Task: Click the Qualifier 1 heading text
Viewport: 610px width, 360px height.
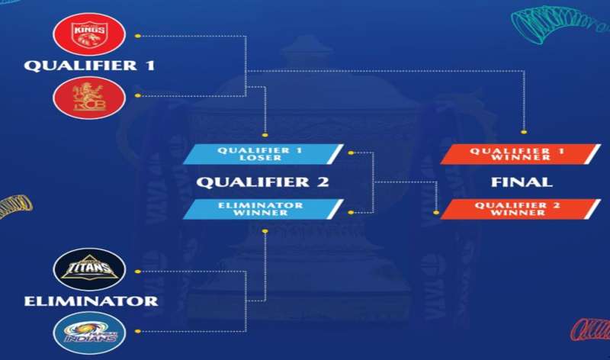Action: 89,66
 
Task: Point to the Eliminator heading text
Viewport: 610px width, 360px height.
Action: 91,301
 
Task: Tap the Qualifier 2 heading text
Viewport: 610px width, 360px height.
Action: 262,182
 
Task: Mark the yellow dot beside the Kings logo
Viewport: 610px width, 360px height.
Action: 137,35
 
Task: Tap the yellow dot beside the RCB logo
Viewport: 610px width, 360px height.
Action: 137,96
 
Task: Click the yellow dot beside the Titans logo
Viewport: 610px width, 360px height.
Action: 137,270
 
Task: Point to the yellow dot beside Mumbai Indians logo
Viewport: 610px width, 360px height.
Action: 137,331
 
